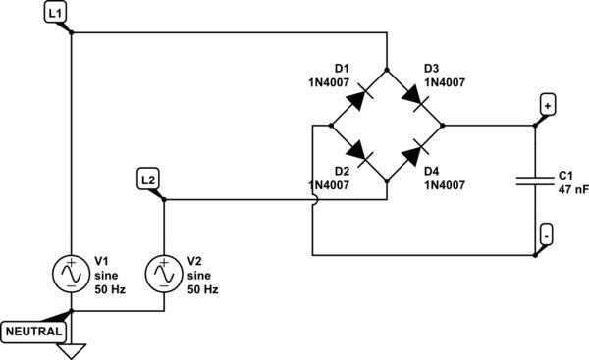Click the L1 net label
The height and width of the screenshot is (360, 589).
click(x=57, y=13)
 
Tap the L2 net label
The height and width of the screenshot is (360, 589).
click(x=147, y=179)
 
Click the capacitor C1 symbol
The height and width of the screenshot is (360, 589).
click(x=535, y=180)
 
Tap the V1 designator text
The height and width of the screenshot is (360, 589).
click(x=101, y=261)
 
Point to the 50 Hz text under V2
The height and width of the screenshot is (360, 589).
click(x=202, y=290)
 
